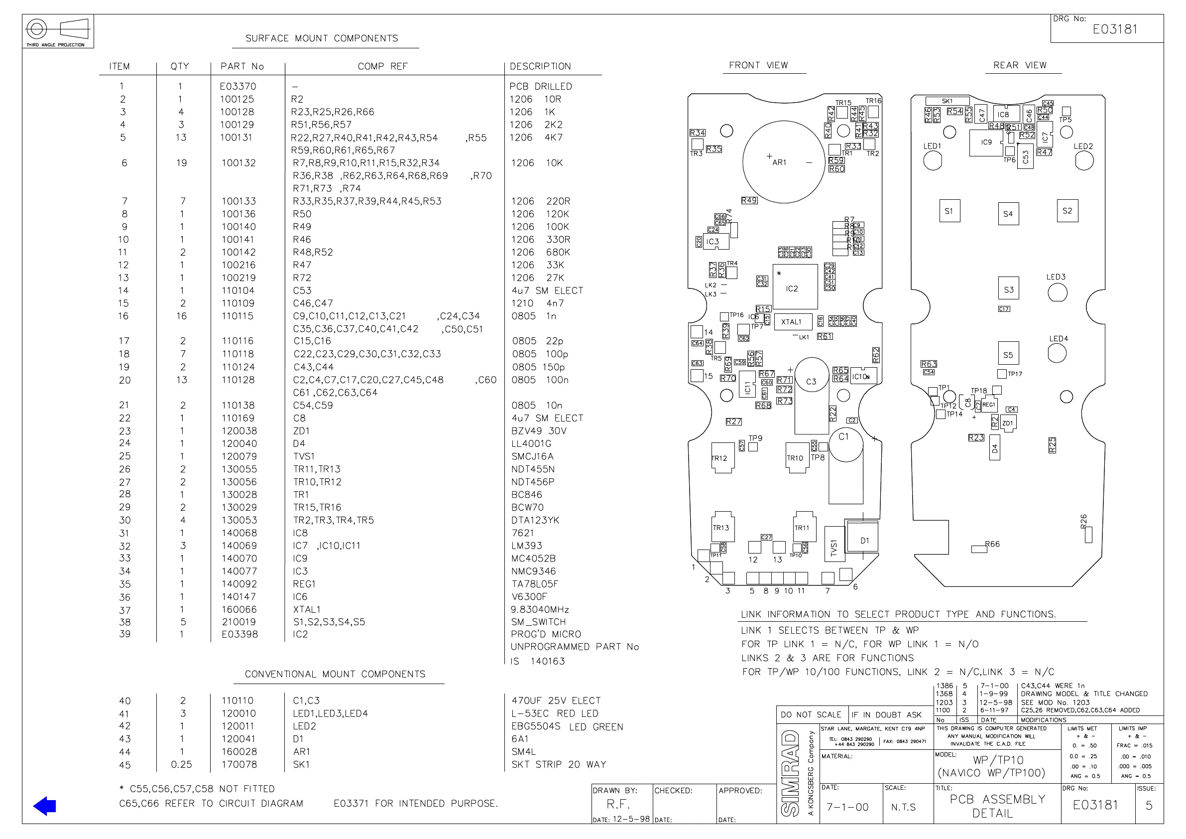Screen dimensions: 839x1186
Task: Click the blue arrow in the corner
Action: [x=45, y=806]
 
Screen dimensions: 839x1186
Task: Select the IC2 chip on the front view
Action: [x=795, y=287]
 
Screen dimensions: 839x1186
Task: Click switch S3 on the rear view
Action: [x=1008, y=289]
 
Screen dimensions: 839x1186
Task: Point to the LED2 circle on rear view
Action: [x=1084, y=161]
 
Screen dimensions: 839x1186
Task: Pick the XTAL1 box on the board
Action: [x=792, y=321]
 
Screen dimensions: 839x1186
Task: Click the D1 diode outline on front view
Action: [x=861, y=540]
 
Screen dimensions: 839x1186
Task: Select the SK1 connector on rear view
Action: [x=947, y=101]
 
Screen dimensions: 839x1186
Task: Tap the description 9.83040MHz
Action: [x=540, y=609]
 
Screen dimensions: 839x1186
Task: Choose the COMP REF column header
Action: [x=383, y=66]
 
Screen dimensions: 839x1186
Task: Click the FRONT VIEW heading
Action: [x=758, y=65]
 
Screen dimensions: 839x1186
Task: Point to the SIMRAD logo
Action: [x=791, y=773]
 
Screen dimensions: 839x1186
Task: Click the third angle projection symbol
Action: [x=57, y=29]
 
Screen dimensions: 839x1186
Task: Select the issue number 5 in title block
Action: [x=1149, y=806]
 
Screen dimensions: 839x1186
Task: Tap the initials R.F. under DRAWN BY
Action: [x=618, y=804]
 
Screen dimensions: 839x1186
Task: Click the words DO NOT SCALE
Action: [x=811, y=714]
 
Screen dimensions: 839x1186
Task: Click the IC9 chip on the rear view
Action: [x=987, y=142]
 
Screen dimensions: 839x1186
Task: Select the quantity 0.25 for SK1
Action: [x=181, y=765]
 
